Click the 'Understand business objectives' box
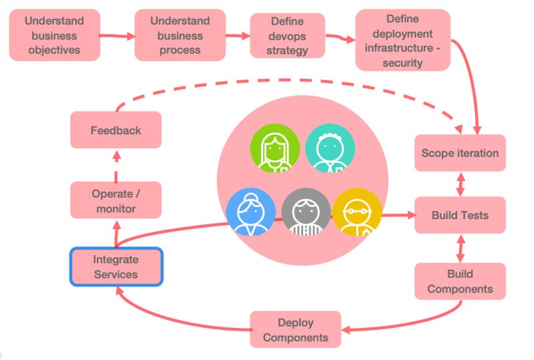(55, 35)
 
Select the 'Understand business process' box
(180, 35)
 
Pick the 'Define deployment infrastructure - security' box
(403, 39)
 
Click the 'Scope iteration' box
(460, 153)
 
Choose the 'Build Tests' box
(460, 215)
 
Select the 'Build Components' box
(460, 281)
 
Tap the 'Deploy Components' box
(295, 329)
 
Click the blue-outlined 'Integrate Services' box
(116, 266)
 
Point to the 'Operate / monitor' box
(116, 200)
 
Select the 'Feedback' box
(116, 130)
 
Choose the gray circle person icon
(306, 212)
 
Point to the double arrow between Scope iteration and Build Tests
(460, 183)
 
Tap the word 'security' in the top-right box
(403, 63)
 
